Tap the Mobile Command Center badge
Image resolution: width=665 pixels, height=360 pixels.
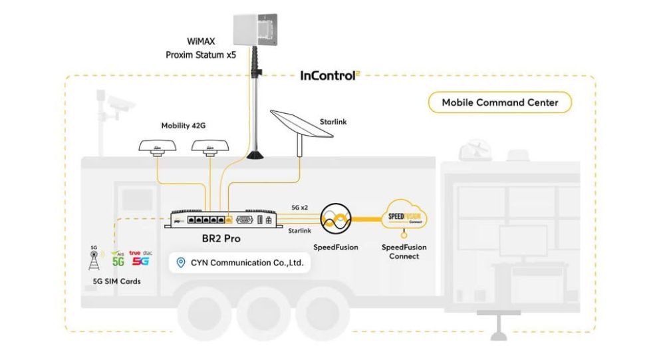[499, 102]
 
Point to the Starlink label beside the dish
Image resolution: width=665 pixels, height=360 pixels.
[333, 122]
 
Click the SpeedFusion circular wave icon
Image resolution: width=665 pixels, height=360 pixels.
[336, 218]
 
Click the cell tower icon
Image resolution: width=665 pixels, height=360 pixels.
[93, 259]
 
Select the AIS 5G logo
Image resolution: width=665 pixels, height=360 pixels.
[118, 259]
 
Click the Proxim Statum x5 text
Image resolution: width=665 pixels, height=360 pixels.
[201, 55]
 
